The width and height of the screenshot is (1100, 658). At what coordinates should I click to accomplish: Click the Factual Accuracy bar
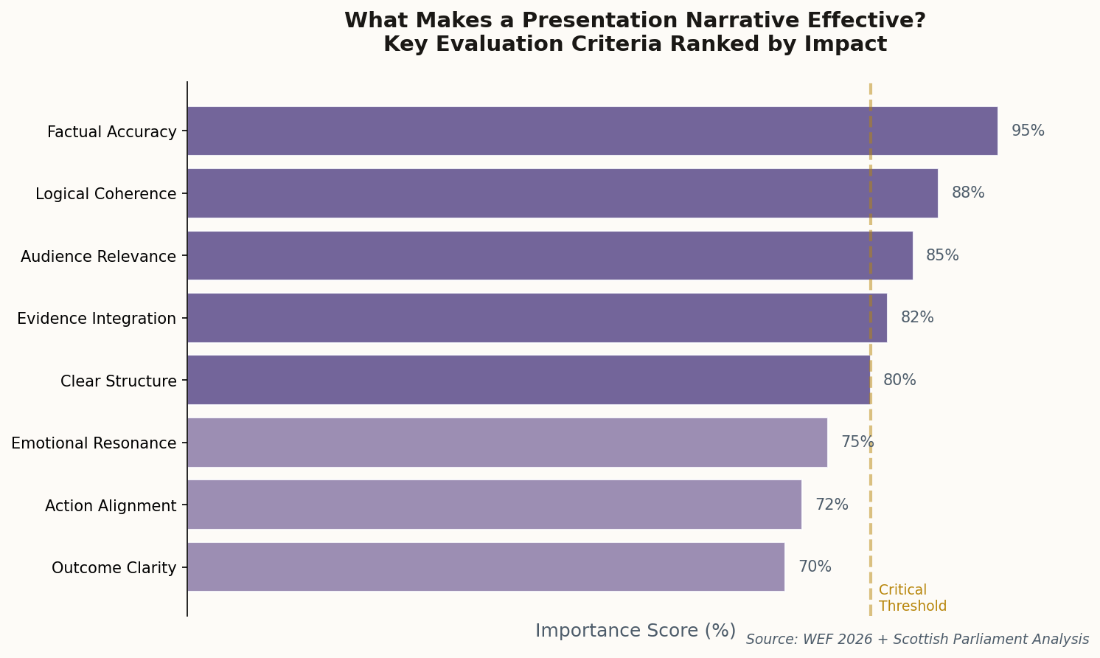[x=592, y=131]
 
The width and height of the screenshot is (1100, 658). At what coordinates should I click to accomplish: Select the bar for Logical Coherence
[x=563, y=193]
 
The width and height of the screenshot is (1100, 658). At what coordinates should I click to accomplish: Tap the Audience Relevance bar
[x=550, y=256]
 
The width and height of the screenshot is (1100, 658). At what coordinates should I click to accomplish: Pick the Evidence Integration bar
[x=537, y=318]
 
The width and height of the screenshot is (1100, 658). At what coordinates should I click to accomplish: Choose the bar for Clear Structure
[x=529, y=380]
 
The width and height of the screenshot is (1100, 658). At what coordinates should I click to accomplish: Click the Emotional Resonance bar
[x=507, y=443]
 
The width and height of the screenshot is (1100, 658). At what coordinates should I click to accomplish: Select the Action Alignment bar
[x=494, y=505]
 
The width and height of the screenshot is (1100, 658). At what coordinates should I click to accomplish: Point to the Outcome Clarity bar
[x=486, y=567]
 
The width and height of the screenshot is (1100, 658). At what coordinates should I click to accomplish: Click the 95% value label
[x=1028, y=131]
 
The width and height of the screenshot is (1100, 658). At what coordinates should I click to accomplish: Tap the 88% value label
[x=968, y=193]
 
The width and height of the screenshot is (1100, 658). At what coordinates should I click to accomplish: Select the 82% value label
[x=917, y=318]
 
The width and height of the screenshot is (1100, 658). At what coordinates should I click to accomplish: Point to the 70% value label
[x=815, y=567]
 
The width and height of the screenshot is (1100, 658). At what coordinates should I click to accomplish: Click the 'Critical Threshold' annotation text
[x=912, y=598]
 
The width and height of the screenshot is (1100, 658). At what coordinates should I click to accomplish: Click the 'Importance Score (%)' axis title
[x=635, y=631]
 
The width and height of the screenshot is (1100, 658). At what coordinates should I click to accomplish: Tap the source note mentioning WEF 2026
[x=917, y=640]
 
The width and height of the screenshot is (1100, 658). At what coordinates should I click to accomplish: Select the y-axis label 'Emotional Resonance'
[x=94, y=443]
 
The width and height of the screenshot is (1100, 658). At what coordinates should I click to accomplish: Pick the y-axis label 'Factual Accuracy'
[x=112, y=132]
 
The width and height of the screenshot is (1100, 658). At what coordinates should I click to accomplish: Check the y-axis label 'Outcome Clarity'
[x=114, y=568]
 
